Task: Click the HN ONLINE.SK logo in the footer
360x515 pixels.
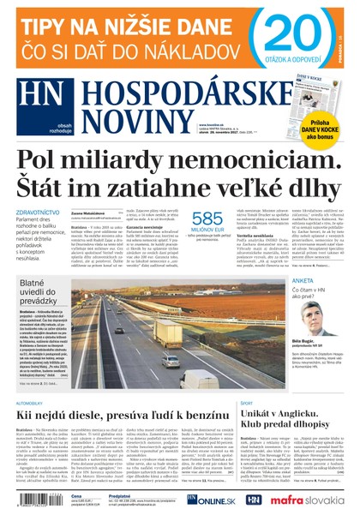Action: click(211, 499)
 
